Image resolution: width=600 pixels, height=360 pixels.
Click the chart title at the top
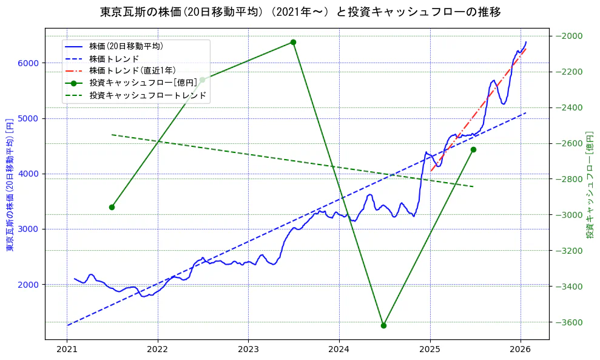pos(300,12)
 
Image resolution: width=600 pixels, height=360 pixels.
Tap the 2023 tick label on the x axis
pos(248,349)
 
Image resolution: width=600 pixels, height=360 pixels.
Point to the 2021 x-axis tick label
pos(67,349)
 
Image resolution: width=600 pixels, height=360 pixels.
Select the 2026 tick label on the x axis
pos(521,349)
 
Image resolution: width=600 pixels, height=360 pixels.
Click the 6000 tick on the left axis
pos(29,63)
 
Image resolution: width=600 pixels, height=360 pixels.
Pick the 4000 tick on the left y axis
pos(29,174)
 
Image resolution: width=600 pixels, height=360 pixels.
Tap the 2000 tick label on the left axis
pos(29,285)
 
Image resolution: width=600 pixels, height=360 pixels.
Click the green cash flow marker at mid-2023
pos(293,42)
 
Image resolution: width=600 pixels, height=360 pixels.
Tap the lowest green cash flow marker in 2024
pos(383,325)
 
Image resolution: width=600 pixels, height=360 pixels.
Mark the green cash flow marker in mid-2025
pos(473,149)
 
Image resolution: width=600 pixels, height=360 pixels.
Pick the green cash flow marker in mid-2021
pos(112,207)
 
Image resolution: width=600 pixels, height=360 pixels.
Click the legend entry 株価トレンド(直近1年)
pos(132,70)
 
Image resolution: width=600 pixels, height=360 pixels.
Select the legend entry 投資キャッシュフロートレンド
pos(147,95)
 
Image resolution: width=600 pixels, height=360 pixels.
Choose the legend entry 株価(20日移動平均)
pos(126,46)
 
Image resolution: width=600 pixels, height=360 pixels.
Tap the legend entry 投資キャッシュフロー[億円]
pos(143,83)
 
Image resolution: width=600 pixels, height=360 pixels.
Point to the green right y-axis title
pos(589,184)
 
